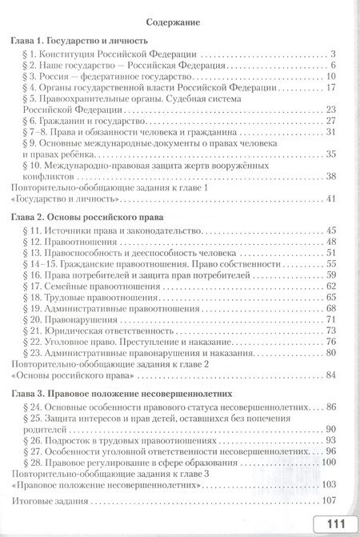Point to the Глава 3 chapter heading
(x=128, y=395)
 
